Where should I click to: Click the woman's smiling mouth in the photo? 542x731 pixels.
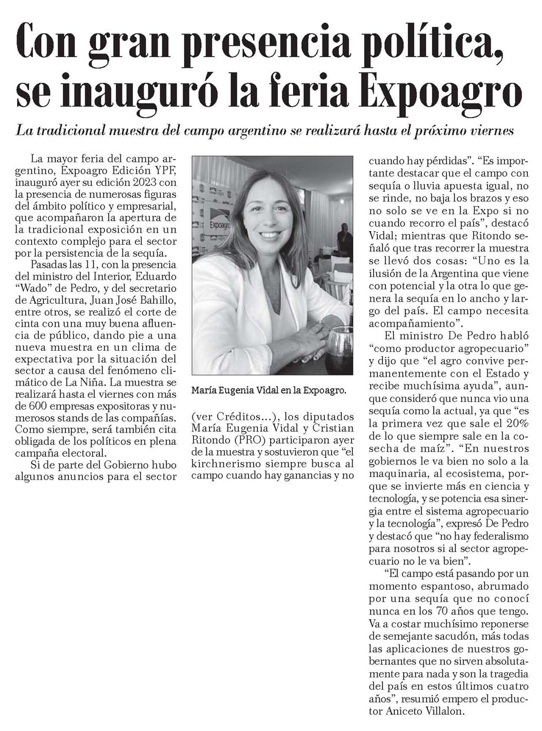point(274,234)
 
